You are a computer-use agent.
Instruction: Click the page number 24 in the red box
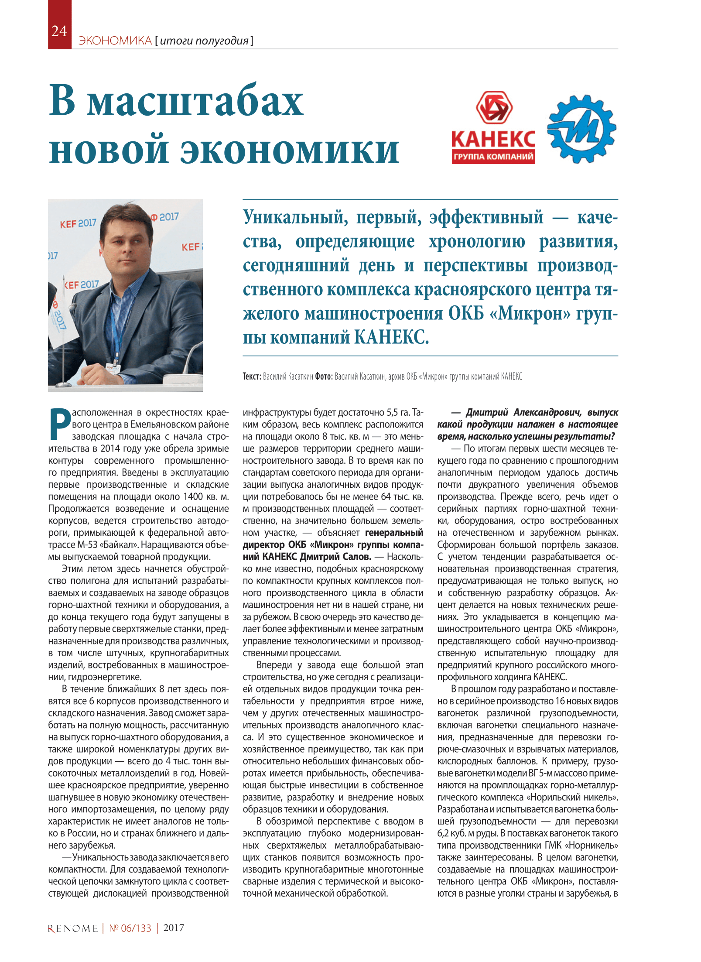coord(59,31)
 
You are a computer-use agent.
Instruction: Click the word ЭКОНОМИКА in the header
coord(115,41)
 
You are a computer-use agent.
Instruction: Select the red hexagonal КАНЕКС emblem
coord(494,107)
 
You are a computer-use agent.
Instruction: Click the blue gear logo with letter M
coord(581,128)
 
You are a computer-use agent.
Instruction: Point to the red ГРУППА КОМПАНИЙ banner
coord(493,157)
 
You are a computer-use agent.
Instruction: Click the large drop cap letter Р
coord(60,424)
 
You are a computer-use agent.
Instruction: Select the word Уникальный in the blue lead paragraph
coord(295,217)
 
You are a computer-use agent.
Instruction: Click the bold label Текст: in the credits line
coord(252,377)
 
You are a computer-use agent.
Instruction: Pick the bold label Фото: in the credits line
coord(324,377)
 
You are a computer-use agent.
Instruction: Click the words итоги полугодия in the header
coord(204,41)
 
